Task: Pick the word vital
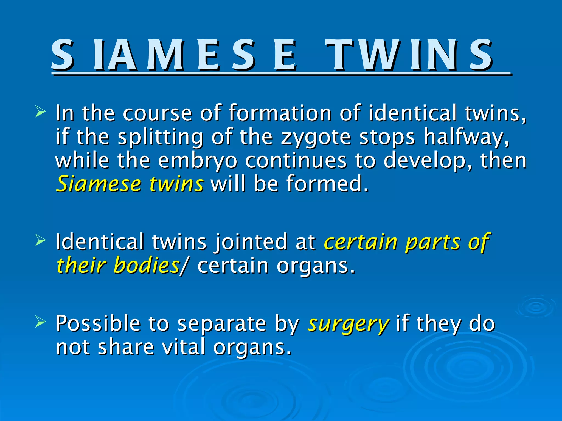183,347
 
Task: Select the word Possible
98,323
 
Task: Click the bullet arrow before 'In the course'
40,112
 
